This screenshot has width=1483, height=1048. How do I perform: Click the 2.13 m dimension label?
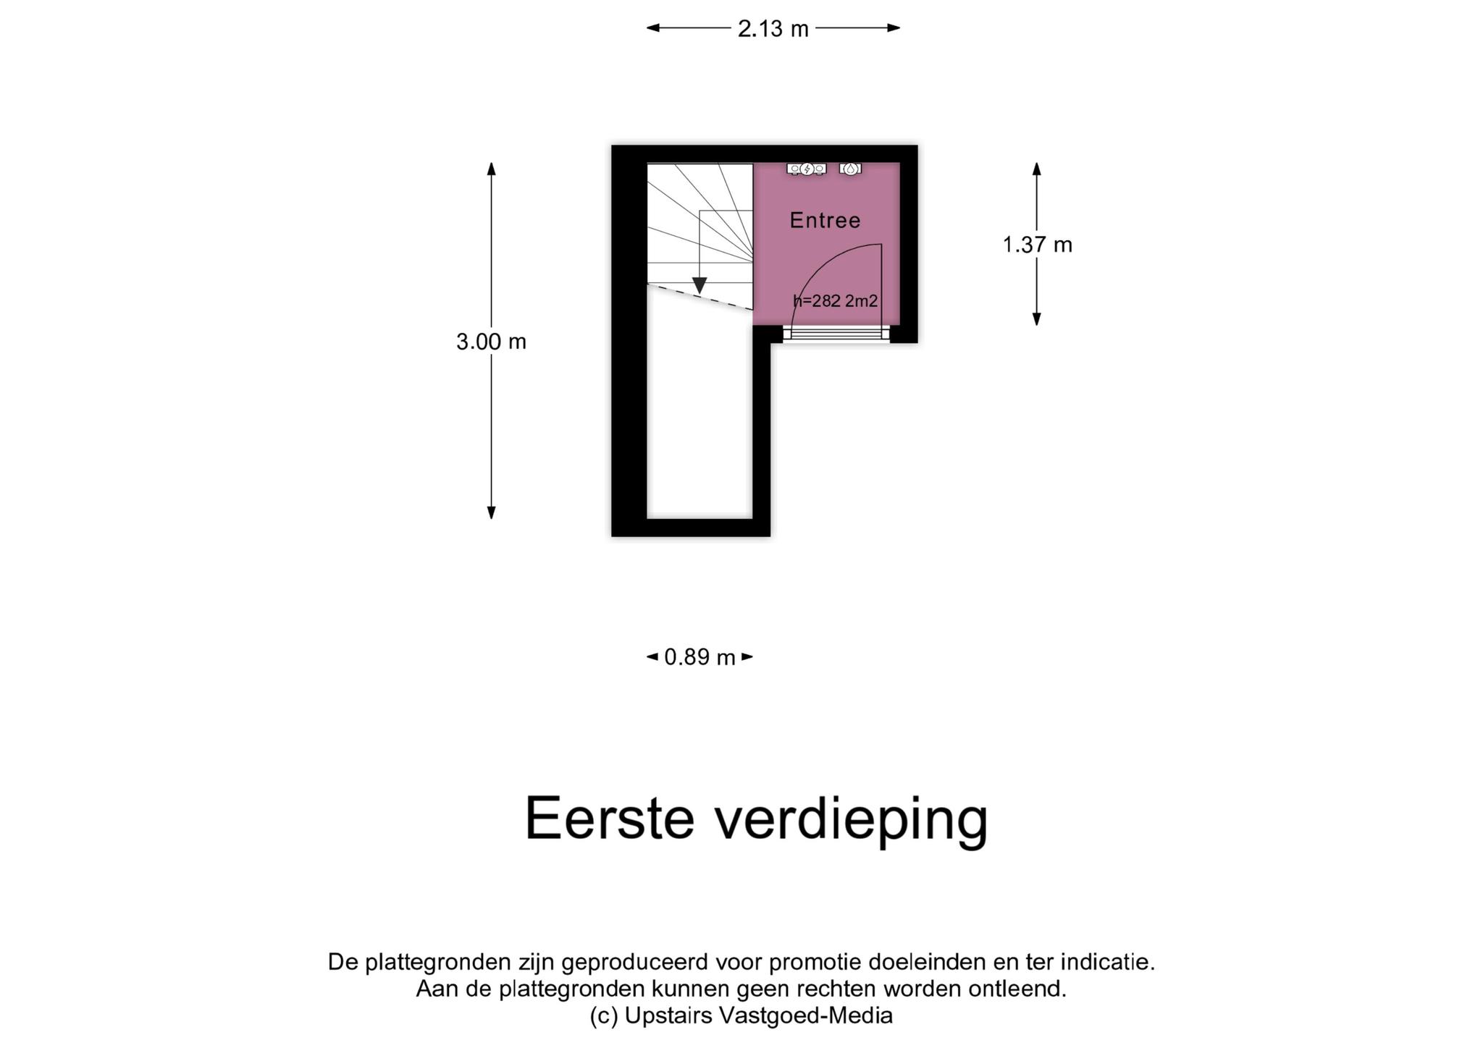point(773,29)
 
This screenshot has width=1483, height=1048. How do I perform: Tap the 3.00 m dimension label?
point(491,342)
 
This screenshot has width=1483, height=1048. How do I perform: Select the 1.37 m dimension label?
point(1037,245)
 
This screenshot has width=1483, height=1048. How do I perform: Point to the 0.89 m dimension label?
point(700,657)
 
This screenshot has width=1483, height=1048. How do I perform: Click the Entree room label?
point(825,221)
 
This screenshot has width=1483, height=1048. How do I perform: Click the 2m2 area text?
point(862,301)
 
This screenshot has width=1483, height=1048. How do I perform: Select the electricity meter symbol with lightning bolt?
point(807,169)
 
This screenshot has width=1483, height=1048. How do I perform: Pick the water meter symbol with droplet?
point(850,169)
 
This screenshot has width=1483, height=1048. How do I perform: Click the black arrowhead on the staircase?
point(700,286)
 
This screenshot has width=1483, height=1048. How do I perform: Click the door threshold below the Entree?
point(836,334)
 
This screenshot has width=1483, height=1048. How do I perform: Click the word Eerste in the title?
point(609,819)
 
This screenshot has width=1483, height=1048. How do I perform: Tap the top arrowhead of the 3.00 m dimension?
point(491,169)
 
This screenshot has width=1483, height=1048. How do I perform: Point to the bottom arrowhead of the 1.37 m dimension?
point(1037,319)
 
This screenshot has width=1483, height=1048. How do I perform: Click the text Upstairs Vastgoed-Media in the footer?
point(758,1016)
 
